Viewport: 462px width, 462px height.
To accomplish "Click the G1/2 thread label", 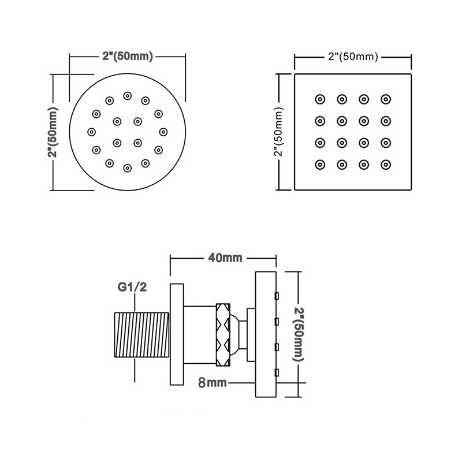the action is (x=132, y=286).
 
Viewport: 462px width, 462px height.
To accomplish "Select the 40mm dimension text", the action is (x=225, y=258).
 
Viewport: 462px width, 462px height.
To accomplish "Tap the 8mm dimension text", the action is (x=213, y=382).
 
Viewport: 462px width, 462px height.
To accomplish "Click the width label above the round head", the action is (x=128, y=56).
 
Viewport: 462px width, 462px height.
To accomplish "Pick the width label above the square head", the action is (x=353, y=57).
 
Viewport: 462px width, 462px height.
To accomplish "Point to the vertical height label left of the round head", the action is (x=53, y=132).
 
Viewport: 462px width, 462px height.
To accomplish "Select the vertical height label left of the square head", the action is (x=279, y=132).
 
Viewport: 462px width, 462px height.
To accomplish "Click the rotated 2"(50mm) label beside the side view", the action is (x=298, y=334).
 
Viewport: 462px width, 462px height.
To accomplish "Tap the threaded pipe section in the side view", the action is (x=142, y=335).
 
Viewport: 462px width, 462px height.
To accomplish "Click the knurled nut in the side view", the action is (x=223, y=335).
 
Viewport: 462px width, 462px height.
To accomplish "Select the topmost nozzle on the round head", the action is (x=127, y=96).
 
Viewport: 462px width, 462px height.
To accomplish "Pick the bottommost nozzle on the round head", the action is (x=127, y=168).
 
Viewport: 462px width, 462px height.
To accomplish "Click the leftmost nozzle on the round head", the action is (x=92, y=132).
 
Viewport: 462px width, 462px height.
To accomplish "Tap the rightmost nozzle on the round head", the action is (x=163, y=132).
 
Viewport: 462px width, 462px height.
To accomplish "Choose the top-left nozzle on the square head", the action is (x=320, y=99).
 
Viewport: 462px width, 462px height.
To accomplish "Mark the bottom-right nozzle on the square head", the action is (x=386, y=165).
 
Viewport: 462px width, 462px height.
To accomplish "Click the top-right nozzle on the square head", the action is (x=386, y=99).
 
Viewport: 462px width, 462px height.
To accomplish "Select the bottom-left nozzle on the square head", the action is (x=320, y=165).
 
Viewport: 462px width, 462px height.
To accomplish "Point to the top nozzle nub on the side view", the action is (x=277, y=296).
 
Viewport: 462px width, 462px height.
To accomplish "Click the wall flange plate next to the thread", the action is (x=177, y=334).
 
